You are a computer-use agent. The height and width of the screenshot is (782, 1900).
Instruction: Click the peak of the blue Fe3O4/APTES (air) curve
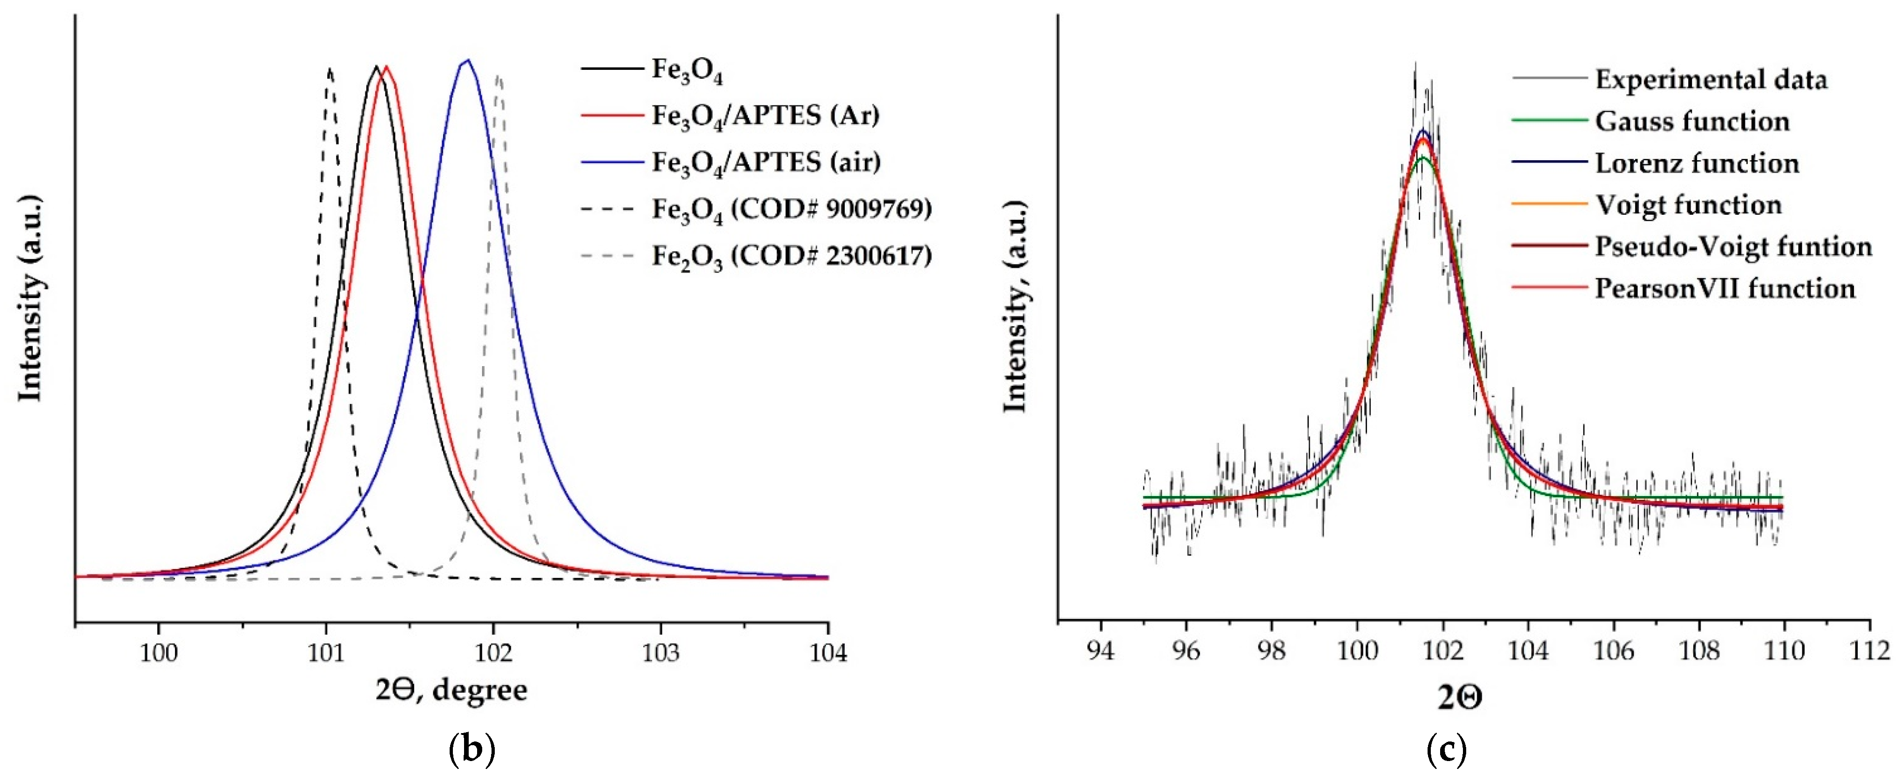coord(466,61)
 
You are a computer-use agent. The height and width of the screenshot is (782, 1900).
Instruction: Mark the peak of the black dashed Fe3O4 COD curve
coord(329,69)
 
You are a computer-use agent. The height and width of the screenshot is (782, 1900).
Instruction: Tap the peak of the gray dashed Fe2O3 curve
coord(499,76)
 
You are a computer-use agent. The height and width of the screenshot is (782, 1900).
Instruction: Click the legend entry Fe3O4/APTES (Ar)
coord(765,116)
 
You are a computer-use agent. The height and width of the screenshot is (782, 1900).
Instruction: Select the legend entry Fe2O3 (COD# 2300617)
coord(791,256)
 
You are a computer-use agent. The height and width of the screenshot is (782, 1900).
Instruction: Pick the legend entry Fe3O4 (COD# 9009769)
coord(791,210)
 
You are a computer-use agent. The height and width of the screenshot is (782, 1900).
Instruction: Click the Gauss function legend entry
coord(1692,121)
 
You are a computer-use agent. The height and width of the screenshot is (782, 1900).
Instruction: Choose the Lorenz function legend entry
coord(1697,163)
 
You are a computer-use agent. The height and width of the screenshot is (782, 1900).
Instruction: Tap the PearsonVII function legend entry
coord(1725,288)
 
